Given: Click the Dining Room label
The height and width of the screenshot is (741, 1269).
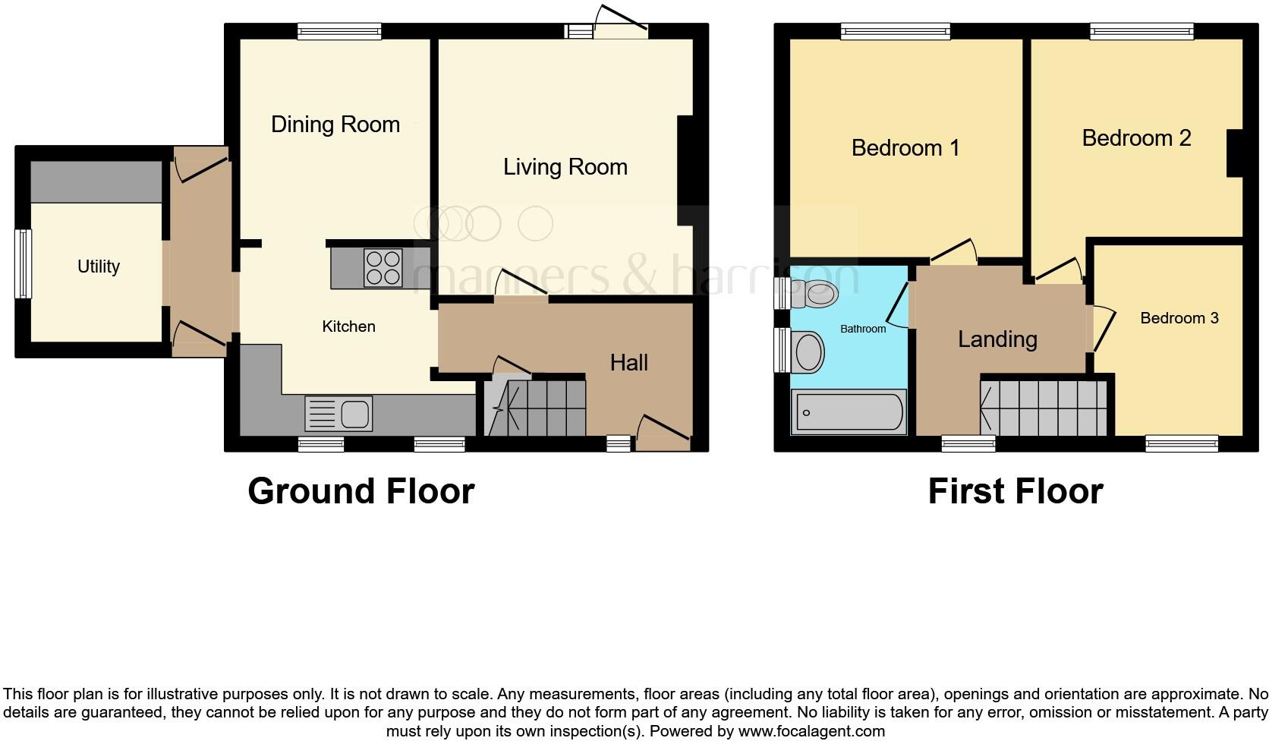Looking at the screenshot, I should click(x=335, y=125).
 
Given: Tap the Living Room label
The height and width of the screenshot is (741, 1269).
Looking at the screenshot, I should click(x=565, y=167).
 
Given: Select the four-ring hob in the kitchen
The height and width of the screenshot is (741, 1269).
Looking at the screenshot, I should click(x=383, y=268).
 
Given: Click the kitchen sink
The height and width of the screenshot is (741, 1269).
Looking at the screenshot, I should click(x=339, y=414).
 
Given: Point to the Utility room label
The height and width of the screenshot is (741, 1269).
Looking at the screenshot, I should click(x=99, y=266).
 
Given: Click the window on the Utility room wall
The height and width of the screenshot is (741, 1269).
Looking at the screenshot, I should click(x=25, y=263).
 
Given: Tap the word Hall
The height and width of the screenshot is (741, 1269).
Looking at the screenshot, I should click(x=628, y=363).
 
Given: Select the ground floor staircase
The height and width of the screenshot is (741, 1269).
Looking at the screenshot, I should click(x=536, y=408).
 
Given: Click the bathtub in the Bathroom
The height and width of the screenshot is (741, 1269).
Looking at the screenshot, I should click(x=849, y=412).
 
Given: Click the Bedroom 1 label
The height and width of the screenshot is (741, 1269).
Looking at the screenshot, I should click(x=905, y=147).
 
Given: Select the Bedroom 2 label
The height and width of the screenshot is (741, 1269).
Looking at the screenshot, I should click(x=1135, y=138).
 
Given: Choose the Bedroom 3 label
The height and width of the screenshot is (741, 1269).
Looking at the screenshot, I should click(x=1179, y=318).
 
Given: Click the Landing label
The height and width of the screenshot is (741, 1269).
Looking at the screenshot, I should click(x=997, y=339).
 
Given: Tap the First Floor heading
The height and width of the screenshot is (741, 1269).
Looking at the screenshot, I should click(x=1015, y=491).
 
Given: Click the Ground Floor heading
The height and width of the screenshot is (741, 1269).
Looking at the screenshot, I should click(x=361, y=491).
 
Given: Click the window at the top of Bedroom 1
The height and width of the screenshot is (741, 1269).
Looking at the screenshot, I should click(x=895, y=31).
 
